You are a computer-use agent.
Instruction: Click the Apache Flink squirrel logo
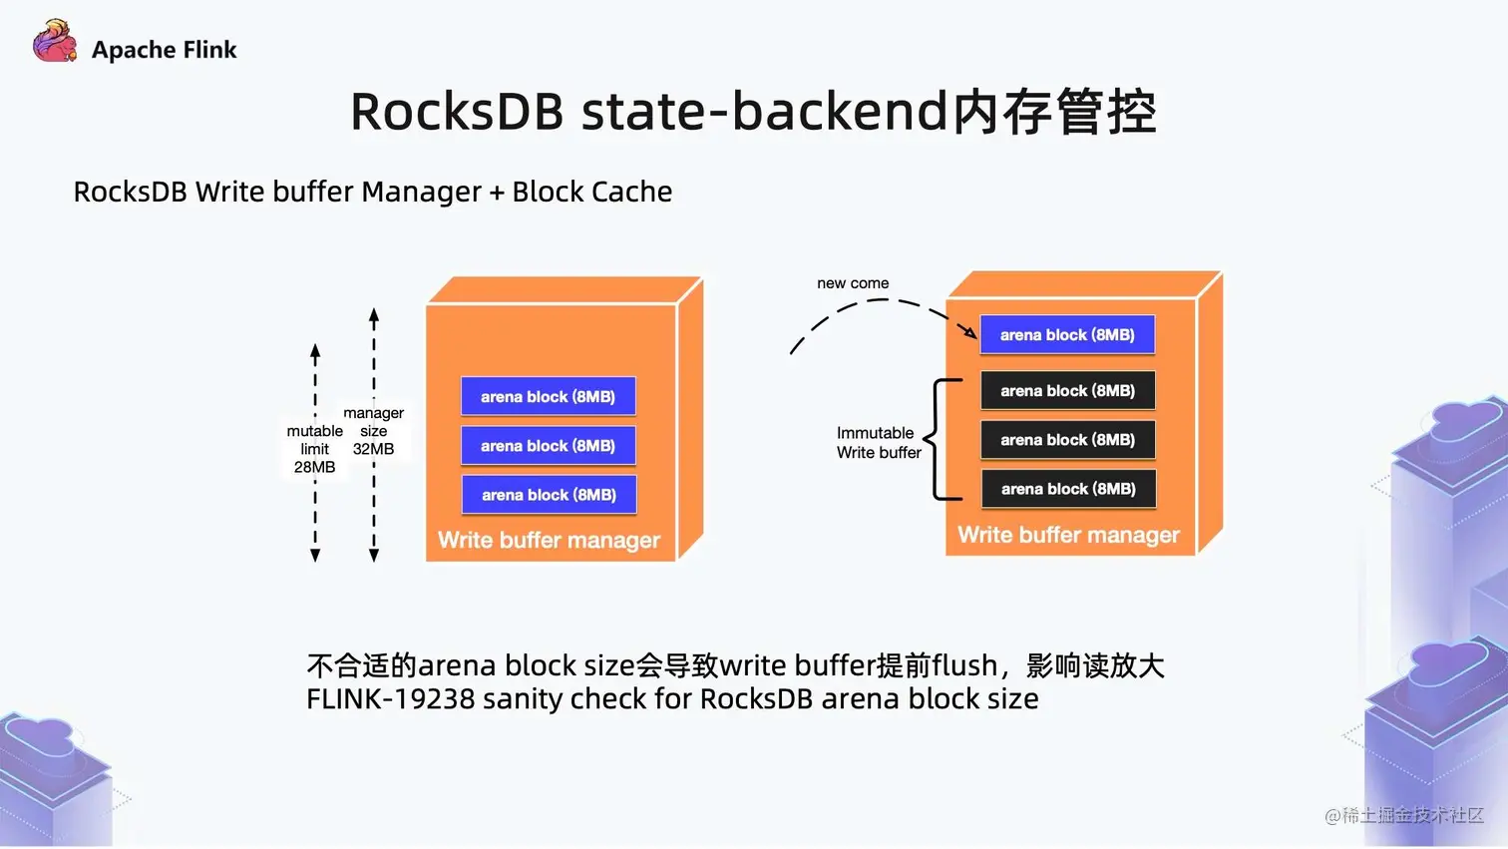point(55,41)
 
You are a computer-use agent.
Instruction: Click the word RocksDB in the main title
point(457,112)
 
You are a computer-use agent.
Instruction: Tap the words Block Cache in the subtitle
point(591,192)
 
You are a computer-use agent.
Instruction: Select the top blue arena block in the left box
point(548,396)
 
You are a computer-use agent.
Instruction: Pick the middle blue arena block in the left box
point(548,446)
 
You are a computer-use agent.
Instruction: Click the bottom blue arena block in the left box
point(549,495)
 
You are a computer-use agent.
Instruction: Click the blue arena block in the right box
point(1067,334)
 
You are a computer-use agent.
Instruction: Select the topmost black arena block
point(1068,390)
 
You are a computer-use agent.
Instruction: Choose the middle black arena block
point(1068,440)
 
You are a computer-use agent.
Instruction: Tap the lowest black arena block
point(1068,489)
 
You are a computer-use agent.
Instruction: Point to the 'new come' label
point(853,283)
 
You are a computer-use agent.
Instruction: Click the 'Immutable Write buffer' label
point(879,442)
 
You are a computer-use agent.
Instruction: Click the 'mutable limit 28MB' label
point(314,449)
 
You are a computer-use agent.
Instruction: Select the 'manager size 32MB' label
point(374,431)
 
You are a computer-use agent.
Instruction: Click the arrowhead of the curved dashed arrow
point(970,332)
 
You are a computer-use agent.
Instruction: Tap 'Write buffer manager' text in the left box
point(549,540)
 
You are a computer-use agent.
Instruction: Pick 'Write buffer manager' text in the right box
point(1068,535)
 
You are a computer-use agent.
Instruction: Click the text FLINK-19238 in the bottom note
point(391,699)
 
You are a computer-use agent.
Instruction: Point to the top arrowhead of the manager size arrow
point(374,316)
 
